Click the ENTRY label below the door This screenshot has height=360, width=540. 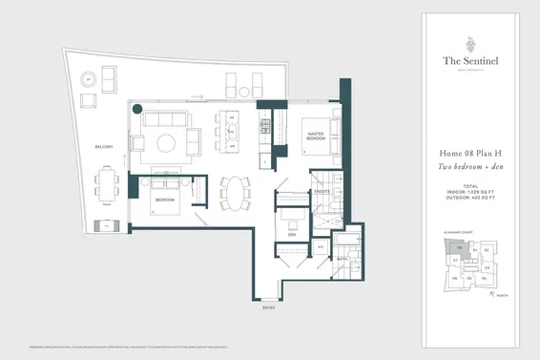coord(270,307)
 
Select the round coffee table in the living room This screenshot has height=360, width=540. coord(166,143)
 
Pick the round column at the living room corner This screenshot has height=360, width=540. coord(137,108)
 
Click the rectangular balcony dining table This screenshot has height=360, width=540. coord(106,181)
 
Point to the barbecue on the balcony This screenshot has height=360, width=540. coord(106,226)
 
